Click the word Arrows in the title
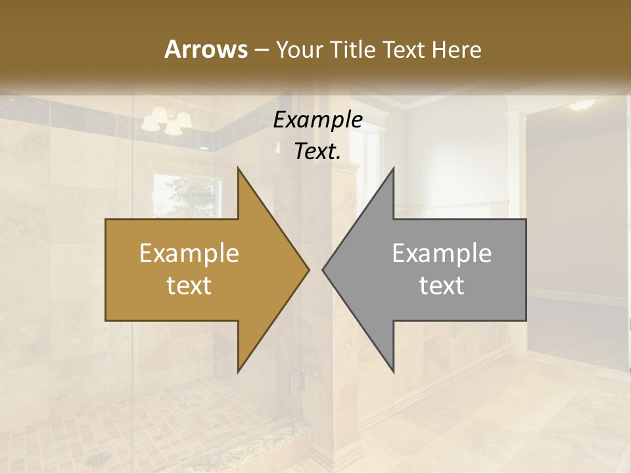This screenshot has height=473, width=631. coord(205,49)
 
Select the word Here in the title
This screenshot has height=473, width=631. coord(456,49)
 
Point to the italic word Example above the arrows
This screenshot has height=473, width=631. coord(317,120)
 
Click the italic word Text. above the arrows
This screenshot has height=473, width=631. coord(317,152)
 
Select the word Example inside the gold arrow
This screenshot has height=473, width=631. coord(189,254)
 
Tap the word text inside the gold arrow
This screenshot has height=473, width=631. coord(189,286)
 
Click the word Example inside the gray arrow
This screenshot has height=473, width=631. coord(442,254)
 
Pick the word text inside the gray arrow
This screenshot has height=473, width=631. coord(442,286)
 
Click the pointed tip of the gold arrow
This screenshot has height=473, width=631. coord(308,269)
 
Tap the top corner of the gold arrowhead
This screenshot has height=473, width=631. coord(238,168)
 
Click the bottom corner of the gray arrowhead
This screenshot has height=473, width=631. coord(393,372)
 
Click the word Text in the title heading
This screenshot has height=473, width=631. coord(406,49)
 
